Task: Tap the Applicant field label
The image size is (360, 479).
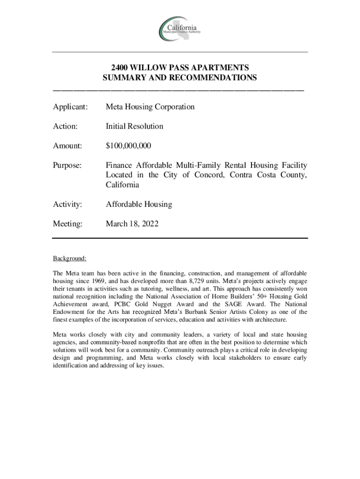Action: click(70, 107)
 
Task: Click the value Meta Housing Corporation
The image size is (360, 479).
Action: click(150, 107)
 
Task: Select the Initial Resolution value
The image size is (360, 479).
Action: click(134, 126)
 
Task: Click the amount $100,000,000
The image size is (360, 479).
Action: click(128, 146)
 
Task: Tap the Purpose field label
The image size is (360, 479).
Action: click(68, 165)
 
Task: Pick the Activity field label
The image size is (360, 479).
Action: click(68, 204)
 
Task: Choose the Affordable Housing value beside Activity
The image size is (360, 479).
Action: click(138, 204)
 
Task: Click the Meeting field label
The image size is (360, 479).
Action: click(68, 224)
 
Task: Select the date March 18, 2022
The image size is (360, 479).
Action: click(132, 224)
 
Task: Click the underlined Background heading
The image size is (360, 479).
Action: click(70, 259)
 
